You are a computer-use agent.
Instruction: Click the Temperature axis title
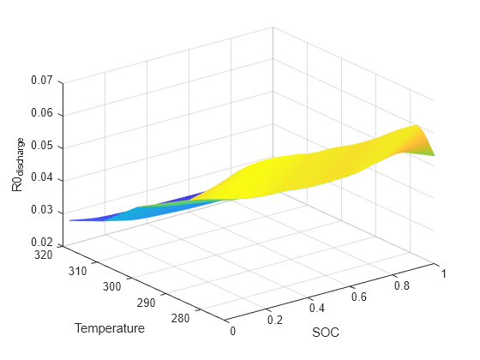pyautogui.click(x=109, y=328)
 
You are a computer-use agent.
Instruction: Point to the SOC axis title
pyautogui.click(x=326, y=332)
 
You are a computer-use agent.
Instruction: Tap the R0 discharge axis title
pyautogui.click(x=17, y=162)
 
